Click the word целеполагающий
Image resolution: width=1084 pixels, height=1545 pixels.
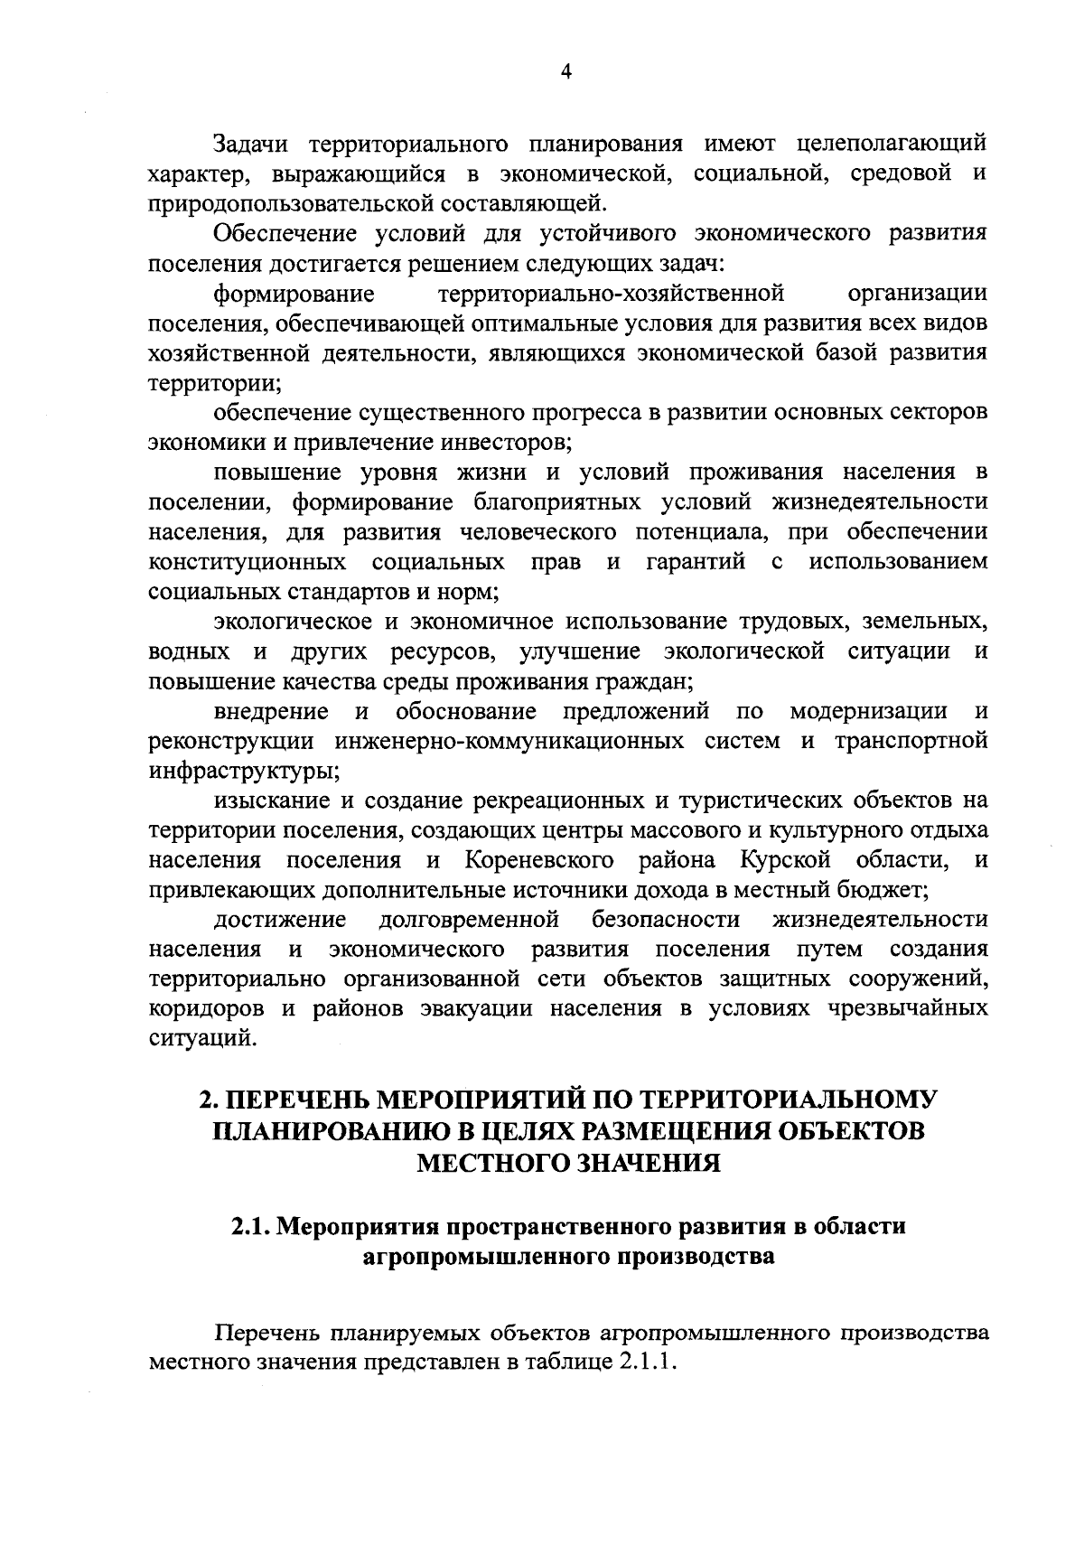(x=893, y=144)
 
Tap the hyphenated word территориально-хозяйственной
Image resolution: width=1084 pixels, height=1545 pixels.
(x=610, y=293)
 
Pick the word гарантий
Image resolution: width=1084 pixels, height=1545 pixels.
(x=696, y=562)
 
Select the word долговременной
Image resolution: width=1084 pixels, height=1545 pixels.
(x=469, y=920)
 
